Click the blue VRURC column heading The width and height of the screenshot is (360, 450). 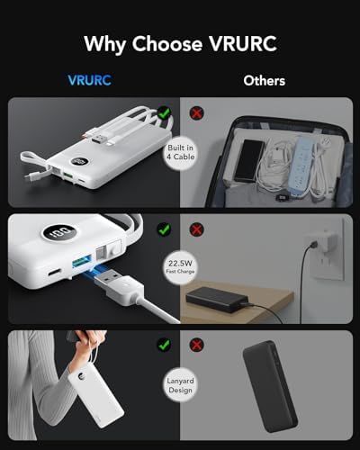(x=90, y=80)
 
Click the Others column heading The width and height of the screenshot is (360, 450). (x=265, y=81)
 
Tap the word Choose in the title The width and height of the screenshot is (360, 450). (x=167, y=44)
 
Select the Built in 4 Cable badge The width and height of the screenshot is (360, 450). (x=181, y=152)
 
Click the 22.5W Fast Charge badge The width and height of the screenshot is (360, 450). (x=180, y=266)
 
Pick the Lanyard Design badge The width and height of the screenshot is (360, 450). (x=180, y=385)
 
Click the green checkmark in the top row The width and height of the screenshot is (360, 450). (x=164, y=113)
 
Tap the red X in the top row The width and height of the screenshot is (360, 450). (x=197, y=113)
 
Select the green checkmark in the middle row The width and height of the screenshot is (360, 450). (x=164, y=229)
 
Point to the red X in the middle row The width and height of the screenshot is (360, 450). (x=197, y=229)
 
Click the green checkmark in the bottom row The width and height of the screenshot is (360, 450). (x=164, y=345)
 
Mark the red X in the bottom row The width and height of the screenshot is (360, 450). (x=197, y=345)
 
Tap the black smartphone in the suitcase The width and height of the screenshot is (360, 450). (x=248, y=160)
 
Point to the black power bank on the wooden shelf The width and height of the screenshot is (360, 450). (x=217, y=299)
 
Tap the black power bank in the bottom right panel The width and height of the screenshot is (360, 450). (x=270, y=386)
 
